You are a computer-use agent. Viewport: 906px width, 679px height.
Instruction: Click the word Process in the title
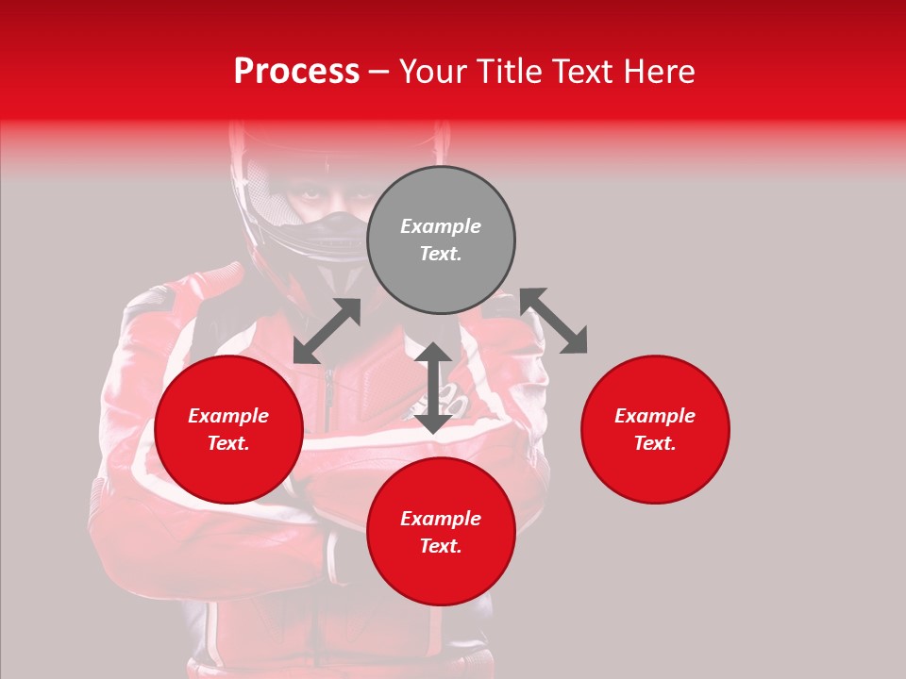pyautogui.click(x=296, y=72)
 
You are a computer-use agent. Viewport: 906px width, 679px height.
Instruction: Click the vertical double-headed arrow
pyautogui.click(x=433, y=388)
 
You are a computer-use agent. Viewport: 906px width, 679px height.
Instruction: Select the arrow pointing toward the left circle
pyautogui.click(x=327, y=331)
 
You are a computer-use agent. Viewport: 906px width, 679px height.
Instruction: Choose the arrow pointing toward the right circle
pyautogui.click(x=554, y=322)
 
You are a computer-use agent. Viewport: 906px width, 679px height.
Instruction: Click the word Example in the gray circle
pyautogui.click(x=441, y=226)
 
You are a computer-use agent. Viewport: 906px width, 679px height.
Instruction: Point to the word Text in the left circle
pyautogui.click(x=228, y=443)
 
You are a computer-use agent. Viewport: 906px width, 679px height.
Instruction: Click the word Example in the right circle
pyautogui.click(x=655, y=416)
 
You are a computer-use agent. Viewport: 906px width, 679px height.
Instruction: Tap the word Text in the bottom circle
pyautogui.click(x=441, y=546)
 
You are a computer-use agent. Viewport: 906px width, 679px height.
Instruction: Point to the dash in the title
pyautogui.click(x=378, y=72)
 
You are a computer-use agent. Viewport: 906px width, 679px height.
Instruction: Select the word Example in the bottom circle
pyautogui.click(x=441, y=519)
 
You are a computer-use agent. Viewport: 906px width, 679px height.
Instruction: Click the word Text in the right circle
pyautogui.click(x=655, y=443)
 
